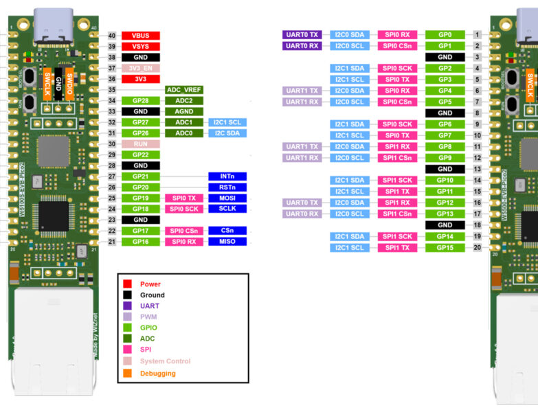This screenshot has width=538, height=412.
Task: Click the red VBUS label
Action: coord(140,35)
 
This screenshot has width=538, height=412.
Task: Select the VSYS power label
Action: coord(140,46)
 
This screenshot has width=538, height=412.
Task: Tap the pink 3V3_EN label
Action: coord(140,68)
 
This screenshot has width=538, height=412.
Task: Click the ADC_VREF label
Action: coord(183,90)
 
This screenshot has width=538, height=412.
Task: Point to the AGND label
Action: coord(183,111)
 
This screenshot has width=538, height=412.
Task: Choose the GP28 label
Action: coord(140,101)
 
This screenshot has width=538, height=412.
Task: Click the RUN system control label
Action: coord(140,144)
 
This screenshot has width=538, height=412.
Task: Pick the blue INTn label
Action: coord(227,176)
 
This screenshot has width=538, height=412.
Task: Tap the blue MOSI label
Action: coord(227,198)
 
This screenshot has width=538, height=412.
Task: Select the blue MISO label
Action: coord(227,242)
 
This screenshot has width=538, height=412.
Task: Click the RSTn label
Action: coord(227,187)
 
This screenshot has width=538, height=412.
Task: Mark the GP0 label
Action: coord(445,34)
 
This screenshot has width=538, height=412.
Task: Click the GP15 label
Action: coord(445,247)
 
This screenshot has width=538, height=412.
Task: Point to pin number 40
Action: coord(112,35)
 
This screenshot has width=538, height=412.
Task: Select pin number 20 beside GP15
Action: coord(476,247)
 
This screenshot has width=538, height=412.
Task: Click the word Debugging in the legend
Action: coord(159,374)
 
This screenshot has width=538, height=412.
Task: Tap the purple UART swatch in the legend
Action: coord(127,306)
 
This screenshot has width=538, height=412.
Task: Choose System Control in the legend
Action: coord(165,361)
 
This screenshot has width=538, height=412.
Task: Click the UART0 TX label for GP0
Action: coord(302,34)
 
